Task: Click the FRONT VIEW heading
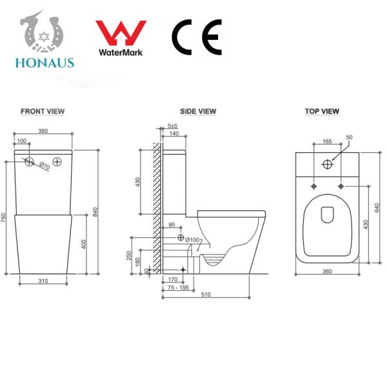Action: click(43, 112)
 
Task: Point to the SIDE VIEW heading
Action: click(198, 112)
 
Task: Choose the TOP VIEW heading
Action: click(322, 112)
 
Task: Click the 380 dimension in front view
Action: click(43, 131)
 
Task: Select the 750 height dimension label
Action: click(4, 218)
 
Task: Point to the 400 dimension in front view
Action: click(84, 244)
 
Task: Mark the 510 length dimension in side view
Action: click(204, 295)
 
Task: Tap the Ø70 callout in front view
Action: click(44, 166)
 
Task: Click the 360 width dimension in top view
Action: click(326, 272)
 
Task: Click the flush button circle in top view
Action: click(327, 163)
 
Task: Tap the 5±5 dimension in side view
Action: click(173, 125)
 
